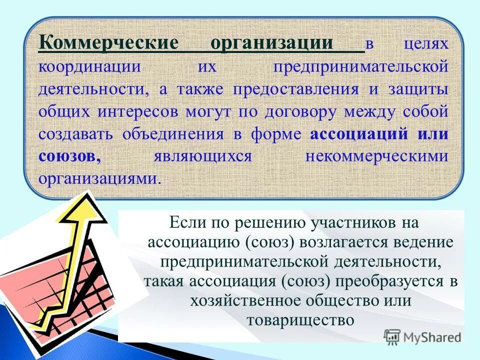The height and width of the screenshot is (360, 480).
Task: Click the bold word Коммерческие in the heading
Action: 108,44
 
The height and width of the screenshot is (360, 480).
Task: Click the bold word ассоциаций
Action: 359,134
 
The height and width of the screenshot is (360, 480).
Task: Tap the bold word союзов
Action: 70,156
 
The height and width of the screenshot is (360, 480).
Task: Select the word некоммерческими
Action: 376,156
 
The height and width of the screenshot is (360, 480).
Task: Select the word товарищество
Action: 300,320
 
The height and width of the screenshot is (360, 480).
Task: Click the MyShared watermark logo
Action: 422,336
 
